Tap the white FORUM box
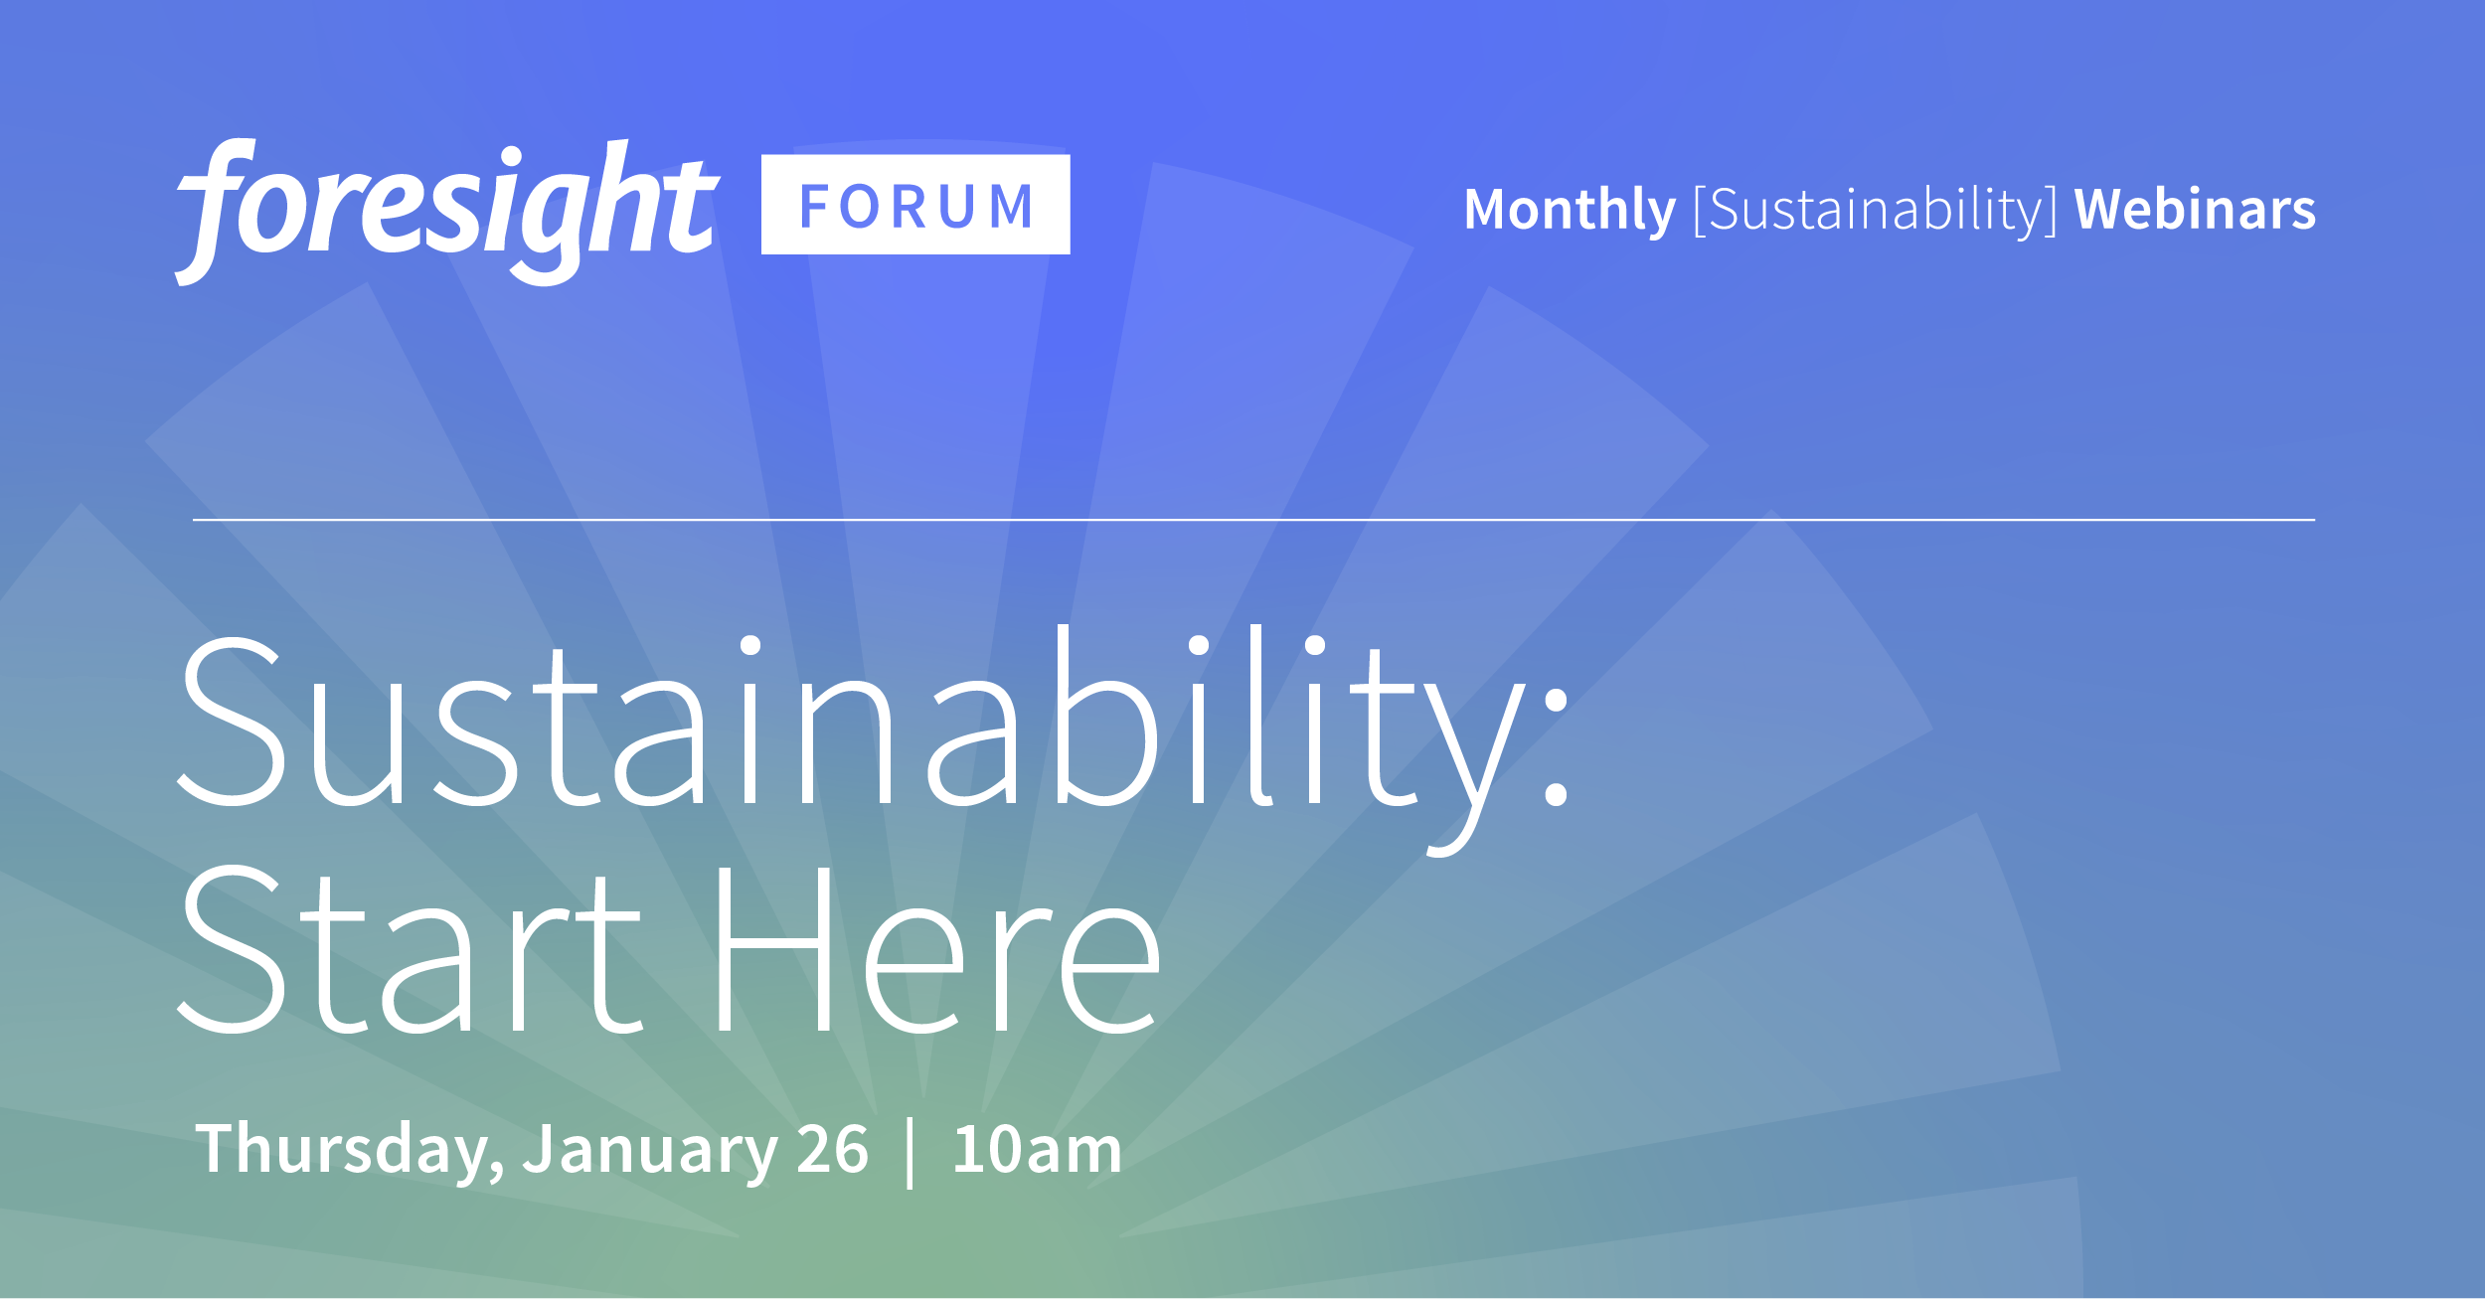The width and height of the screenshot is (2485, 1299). pos(915,205)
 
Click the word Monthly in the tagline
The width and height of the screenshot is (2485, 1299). pos(1570,210)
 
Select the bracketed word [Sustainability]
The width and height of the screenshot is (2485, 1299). pos(1875,210)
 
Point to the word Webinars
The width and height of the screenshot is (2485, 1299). pos(2195,210)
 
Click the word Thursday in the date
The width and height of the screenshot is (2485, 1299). pos(343,1150)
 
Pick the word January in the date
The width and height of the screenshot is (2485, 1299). pos(651,1150)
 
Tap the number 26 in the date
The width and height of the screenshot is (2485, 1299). pos(833,1150)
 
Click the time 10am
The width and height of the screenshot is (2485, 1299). pos(1037,1150)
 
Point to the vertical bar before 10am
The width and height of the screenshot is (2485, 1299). pos(911,1153)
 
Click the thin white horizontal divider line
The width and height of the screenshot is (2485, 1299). pos(1252,520)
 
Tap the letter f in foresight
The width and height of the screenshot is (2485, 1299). pos(214,211)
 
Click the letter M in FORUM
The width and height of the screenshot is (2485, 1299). pos(1012,207)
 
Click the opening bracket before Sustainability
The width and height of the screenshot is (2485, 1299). pos(1700,211)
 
